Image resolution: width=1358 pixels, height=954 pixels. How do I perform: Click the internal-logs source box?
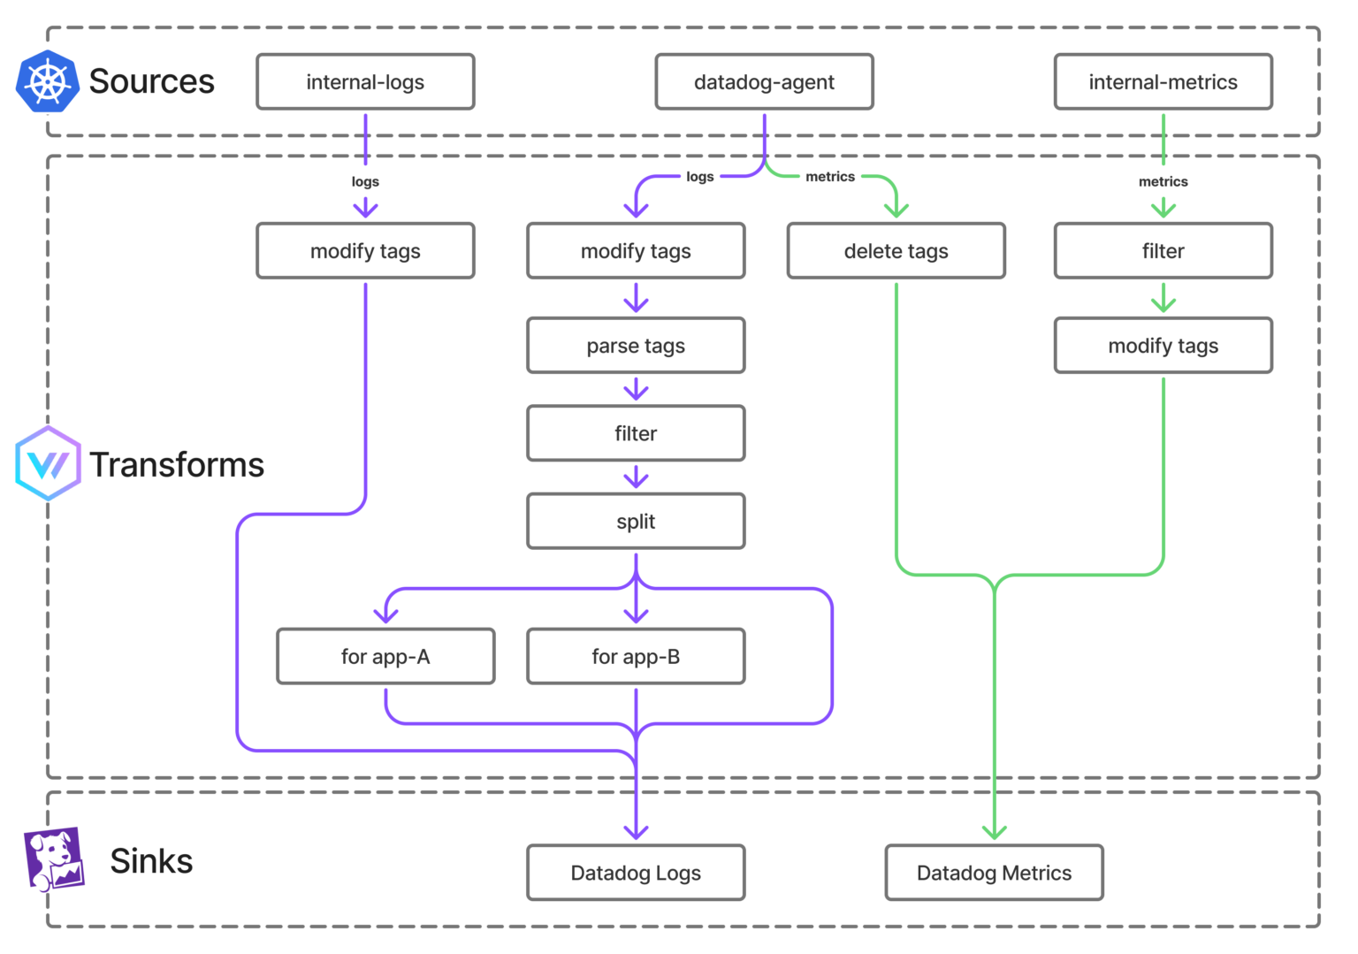[x=365, y=82]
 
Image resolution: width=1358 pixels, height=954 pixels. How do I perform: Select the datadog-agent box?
[x=764, y=82]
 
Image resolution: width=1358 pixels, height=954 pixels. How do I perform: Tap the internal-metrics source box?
[x=1163, y=82]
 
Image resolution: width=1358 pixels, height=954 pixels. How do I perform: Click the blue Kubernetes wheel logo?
[x=48, y=82]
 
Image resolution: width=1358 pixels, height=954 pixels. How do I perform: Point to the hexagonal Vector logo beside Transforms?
[x=49, y=463]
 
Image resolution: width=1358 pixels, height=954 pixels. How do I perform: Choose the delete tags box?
[x=896, y=251]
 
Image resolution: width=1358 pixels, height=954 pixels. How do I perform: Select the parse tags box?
[x=636, y=346]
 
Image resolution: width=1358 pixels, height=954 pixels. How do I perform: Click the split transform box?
[x=636, y=522]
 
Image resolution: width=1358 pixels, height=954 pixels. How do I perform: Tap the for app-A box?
[x=385, y=656]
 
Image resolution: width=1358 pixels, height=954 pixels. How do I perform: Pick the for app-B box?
[x=636, y=656]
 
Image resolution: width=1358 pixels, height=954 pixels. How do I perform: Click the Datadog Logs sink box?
[x=636, y=873]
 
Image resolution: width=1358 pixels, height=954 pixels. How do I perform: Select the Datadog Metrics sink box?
[x=994, y=873]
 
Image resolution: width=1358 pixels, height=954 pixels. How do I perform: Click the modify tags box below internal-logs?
[x=365, y=251]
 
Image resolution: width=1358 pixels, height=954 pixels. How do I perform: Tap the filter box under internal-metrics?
[x=1163, y=251]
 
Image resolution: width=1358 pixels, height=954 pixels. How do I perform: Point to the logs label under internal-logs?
[x=365, y=181]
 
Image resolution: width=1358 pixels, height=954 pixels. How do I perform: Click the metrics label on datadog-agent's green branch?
[x=830, y=177]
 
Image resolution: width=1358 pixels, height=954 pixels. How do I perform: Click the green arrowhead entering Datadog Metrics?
[x=995, y=831]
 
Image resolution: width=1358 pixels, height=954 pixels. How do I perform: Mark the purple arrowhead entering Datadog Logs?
[x=637, y=831]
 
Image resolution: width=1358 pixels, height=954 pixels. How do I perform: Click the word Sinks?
[x=151, y=861]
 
